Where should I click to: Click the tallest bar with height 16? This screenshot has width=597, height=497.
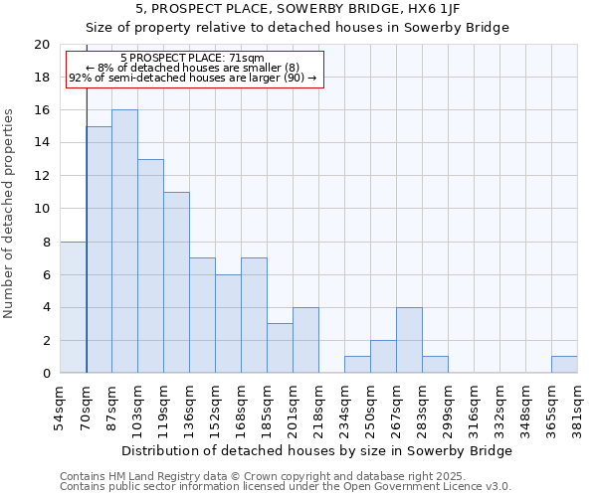[x=124, y=242]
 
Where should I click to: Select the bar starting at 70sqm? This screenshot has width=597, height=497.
[x=99, y=249]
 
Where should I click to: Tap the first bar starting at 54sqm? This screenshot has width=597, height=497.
[x=73, y=307]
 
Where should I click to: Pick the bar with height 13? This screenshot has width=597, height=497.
[x=150, y=266]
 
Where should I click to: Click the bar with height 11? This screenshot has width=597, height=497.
[x=176, y=282]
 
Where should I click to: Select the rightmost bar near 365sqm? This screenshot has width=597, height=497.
[x=564, y=365]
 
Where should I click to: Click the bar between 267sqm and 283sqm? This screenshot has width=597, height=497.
[x=409, y=340]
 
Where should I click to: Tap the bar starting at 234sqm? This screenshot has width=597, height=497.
[x=357, y=365]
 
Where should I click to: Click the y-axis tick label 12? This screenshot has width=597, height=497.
[x=42, y=176]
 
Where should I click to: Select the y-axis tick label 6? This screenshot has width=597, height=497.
[x=46, y=274]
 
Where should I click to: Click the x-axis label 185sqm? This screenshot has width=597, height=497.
[x=268, y=406]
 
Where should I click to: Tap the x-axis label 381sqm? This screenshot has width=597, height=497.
[x=578, y=406]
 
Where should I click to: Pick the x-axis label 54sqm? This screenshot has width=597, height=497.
[x=61, y=406]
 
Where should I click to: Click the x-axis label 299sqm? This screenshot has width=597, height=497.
[x=449, y=406]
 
